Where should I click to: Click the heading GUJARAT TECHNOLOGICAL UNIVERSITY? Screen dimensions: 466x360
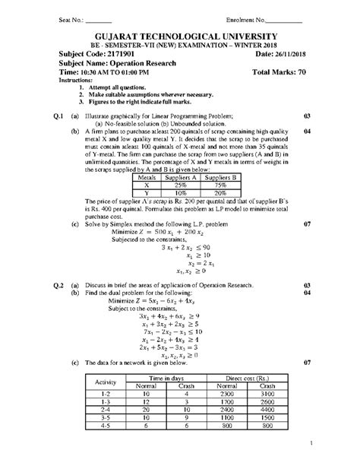point(179,37)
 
